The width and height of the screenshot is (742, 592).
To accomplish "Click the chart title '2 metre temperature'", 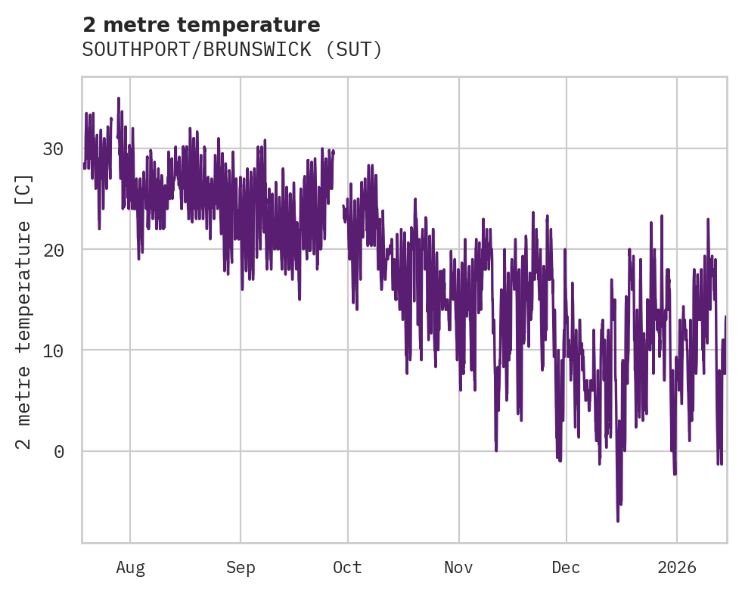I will (x=201, y=25).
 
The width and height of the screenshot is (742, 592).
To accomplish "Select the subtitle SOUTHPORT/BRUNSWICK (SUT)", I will (x=232, y=50).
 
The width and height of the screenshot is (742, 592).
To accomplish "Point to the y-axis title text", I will (x=24, y=311).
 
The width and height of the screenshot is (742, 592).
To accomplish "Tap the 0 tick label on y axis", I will (x=57, y=452).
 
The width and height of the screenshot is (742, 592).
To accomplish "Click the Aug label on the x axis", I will (x=130, y=568).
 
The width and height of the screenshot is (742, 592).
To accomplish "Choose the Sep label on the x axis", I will (x=241, y=568).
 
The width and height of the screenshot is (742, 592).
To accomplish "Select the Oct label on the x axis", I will (x=348, y=568).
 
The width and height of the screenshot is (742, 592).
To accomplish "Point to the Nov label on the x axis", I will (x=458, y=568).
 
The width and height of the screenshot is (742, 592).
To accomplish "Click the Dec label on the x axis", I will (x=566, y=568).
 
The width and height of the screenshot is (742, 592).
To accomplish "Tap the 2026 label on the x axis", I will (x=677, y=568).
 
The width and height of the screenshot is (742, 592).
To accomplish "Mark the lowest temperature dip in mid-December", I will (x=618, y=521).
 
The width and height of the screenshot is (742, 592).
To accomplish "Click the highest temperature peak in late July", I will (x=119, y=98).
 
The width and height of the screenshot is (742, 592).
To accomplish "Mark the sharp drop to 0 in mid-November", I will (x=496, y=450).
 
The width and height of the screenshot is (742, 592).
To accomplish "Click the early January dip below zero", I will (x=675, y=474).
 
